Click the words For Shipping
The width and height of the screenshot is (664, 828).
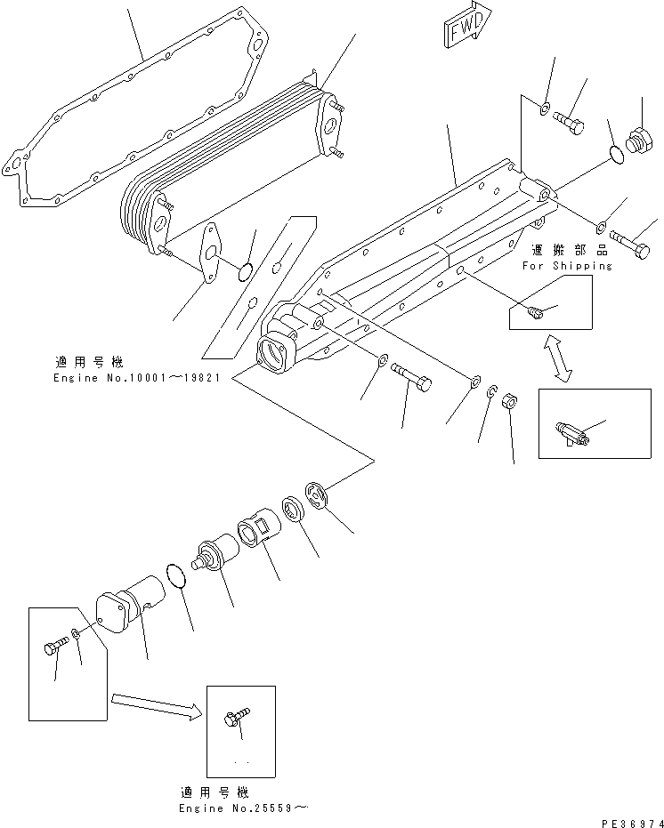pos(567,265)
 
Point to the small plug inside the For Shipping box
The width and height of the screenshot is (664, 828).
pos(534,310)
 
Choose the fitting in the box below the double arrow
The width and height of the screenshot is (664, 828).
pos(570,432)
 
